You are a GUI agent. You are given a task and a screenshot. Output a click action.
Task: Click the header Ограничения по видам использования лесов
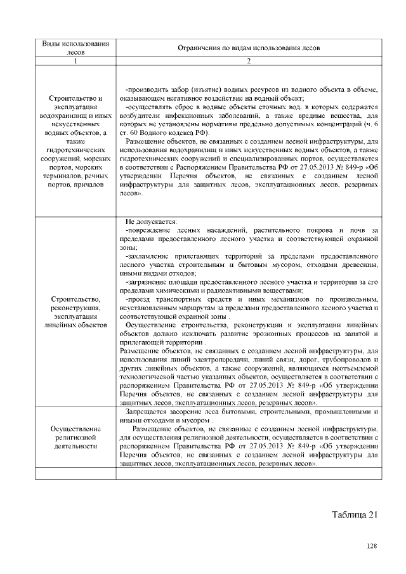249,48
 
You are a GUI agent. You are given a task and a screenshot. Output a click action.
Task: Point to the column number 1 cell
75,61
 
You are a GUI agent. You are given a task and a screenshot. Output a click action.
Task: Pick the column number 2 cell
249,61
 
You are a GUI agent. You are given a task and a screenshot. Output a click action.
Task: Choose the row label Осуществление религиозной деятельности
75,438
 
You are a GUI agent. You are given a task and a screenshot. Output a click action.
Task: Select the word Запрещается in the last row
148,412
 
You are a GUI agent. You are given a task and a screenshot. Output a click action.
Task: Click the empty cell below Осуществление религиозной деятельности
75,473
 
